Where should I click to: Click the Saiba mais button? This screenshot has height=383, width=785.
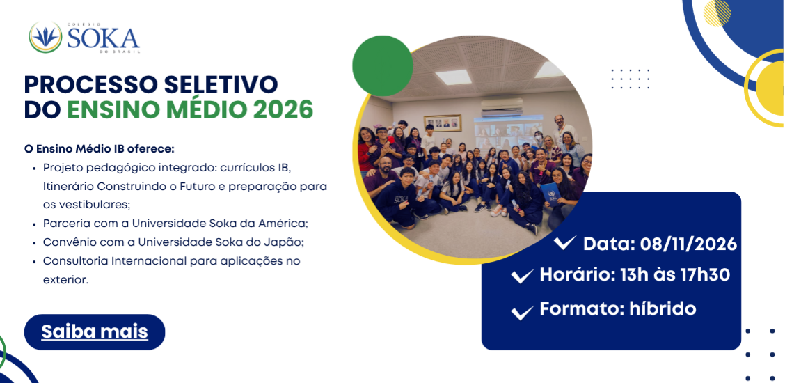[95, 331]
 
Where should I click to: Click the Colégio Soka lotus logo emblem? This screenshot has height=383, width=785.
[45, 38]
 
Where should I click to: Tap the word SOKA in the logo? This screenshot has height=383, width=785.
[103, 38]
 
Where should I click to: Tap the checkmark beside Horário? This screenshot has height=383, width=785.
[522, 276]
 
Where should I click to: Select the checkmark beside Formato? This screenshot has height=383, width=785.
[522, 313]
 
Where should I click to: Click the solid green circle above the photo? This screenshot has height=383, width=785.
[383, 65]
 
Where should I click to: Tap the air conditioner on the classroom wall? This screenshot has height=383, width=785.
[502, 106]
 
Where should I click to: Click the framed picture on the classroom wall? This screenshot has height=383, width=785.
[443, 123]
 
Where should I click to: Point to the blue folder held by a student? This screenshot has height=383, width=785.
[550, 194]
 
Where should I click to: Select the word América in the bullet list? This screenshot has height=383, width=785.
[296, 223]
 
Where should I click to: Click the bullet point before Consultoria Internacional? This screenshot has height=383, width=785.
[33, 262]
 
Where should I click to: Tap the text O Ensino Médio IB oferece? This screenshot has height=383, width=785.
[99, 149]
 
